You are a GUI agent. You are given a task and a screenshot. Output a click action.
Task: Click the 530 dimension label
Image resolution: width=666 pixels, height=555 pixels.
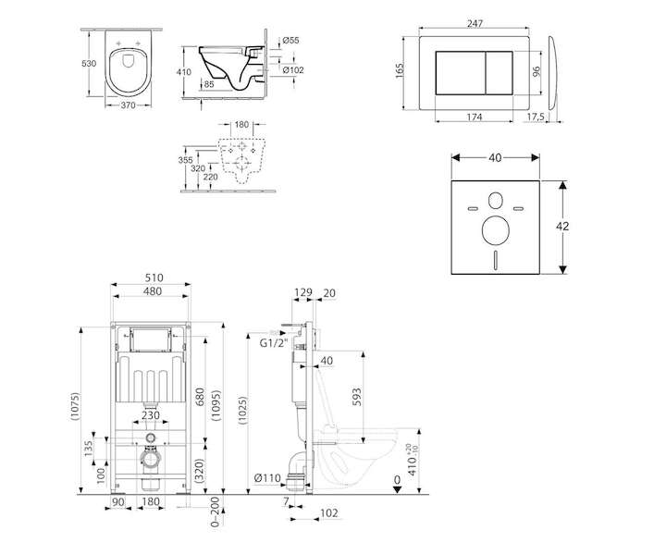[89, 64]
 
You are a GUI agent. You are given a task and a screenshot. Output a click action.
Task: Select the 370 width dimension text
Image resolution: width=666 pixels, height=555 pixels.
[128, 105]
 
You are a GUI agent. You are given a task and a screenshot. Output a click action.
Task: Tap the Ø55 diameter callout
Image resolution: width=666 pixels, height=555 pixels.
[291, 41]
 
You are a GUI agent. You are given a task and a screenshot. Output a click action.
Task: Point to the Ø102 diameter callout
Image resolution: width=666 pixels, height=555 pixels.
[293, 70]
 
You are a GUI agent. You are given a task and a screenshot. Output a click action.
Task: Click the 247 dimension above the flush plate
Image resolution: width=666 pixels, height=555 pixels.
[475, 24]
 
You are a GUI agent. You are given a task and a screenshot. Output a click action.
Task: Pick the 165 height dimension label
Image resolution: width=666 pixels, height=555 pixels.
[400, 70]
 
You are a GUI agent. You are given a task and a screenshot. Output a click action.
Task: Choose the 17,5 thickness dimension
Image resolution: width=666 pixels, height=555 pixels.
[536, 117]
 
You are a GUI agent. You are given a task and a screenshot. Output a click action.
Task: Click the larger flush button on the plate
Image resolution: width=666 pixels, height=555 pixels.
[461, 73]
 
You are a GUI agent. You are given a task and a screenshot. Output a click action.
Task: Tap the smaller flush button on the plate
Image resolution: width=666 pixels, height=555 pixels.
[499, 73]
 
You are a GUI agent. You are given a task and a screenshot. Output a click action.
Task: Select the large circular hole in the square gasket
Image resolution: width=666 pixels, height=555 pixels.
[496, 230]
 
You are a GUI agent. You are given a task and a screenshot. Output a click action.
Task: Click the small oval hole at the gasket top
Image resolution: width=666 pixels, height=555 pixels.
[495, 201]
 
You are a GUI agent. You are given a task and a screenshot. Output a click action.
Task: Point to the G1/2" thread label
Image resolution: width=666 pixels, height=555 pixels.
[274, 343]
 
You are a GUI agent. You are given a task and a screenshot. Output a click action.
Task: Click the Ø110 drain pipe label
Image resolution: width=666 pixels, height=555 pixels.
[267, 478]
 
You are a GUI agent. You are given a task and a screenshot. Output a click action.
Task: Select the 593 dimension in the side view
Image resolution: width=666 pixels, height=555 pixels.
[357, 397]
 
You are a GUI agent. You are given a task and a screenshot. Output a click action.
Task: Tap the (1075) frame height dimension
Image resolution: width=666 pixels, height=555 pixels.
[75, 407]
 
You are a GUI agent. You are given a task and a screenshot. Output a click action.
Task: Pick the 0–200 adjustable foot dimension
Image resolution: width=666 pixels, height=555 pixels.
[216, 512]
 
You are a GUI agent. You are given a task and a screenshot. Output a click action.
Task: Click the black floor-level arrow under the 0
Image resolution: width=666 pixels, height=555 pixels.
[397, 489]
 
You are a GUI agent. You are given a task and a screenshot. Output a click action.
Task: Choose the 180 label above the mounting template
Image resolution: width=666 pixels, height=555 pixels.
[241, 125]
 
